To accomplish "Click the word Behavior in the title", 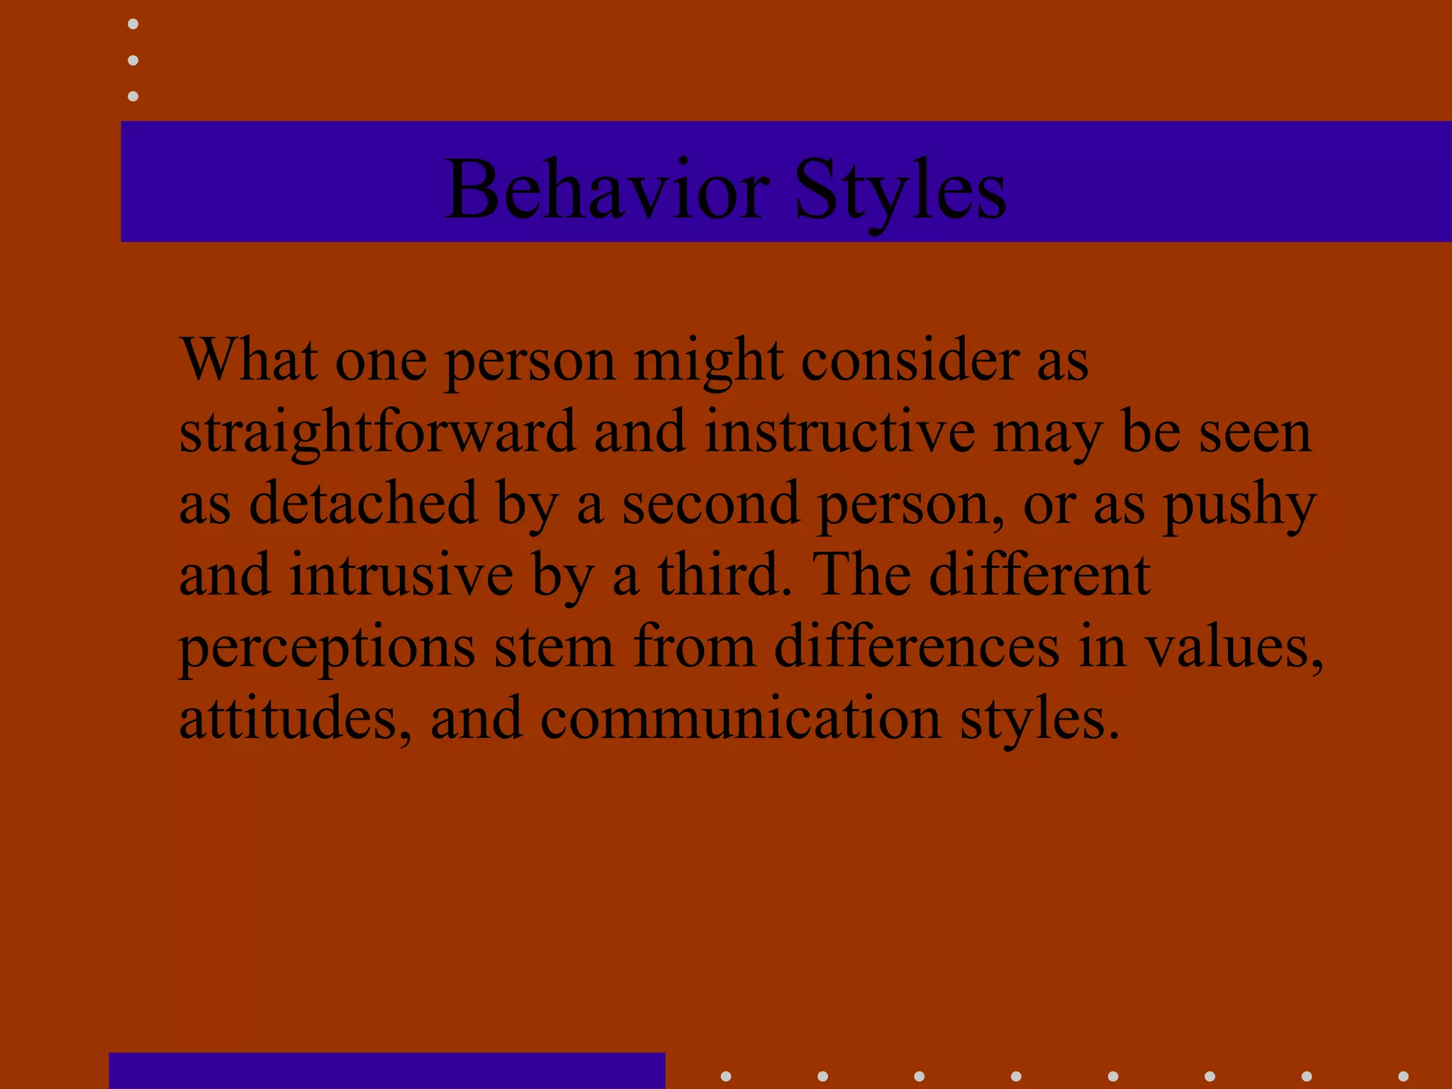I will (607, 190).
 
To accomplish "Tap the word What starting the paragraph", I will (248, 360).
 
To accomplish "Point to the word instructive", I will (839, 432).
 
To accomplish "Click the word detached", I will (363, 503).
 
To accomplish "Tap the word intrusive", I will (401, 575).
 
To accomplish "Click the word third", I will (723, 575).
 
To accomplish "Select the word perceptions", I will (327, 649).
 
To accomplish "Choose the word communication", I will (741, 719).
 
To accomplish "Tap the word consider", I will (910, 360).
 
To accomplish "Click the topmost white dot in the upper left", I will (133, 24).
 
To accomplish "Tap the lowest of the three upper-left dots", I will (133, 96).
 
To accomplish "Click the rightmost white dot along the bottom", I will (1403, 1076).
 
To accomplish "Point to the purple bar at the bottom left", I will (386, 1071).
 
